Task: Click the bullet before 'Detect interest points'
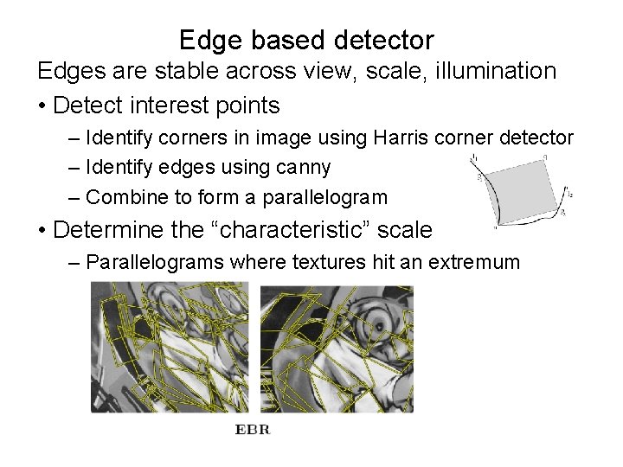41,107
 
